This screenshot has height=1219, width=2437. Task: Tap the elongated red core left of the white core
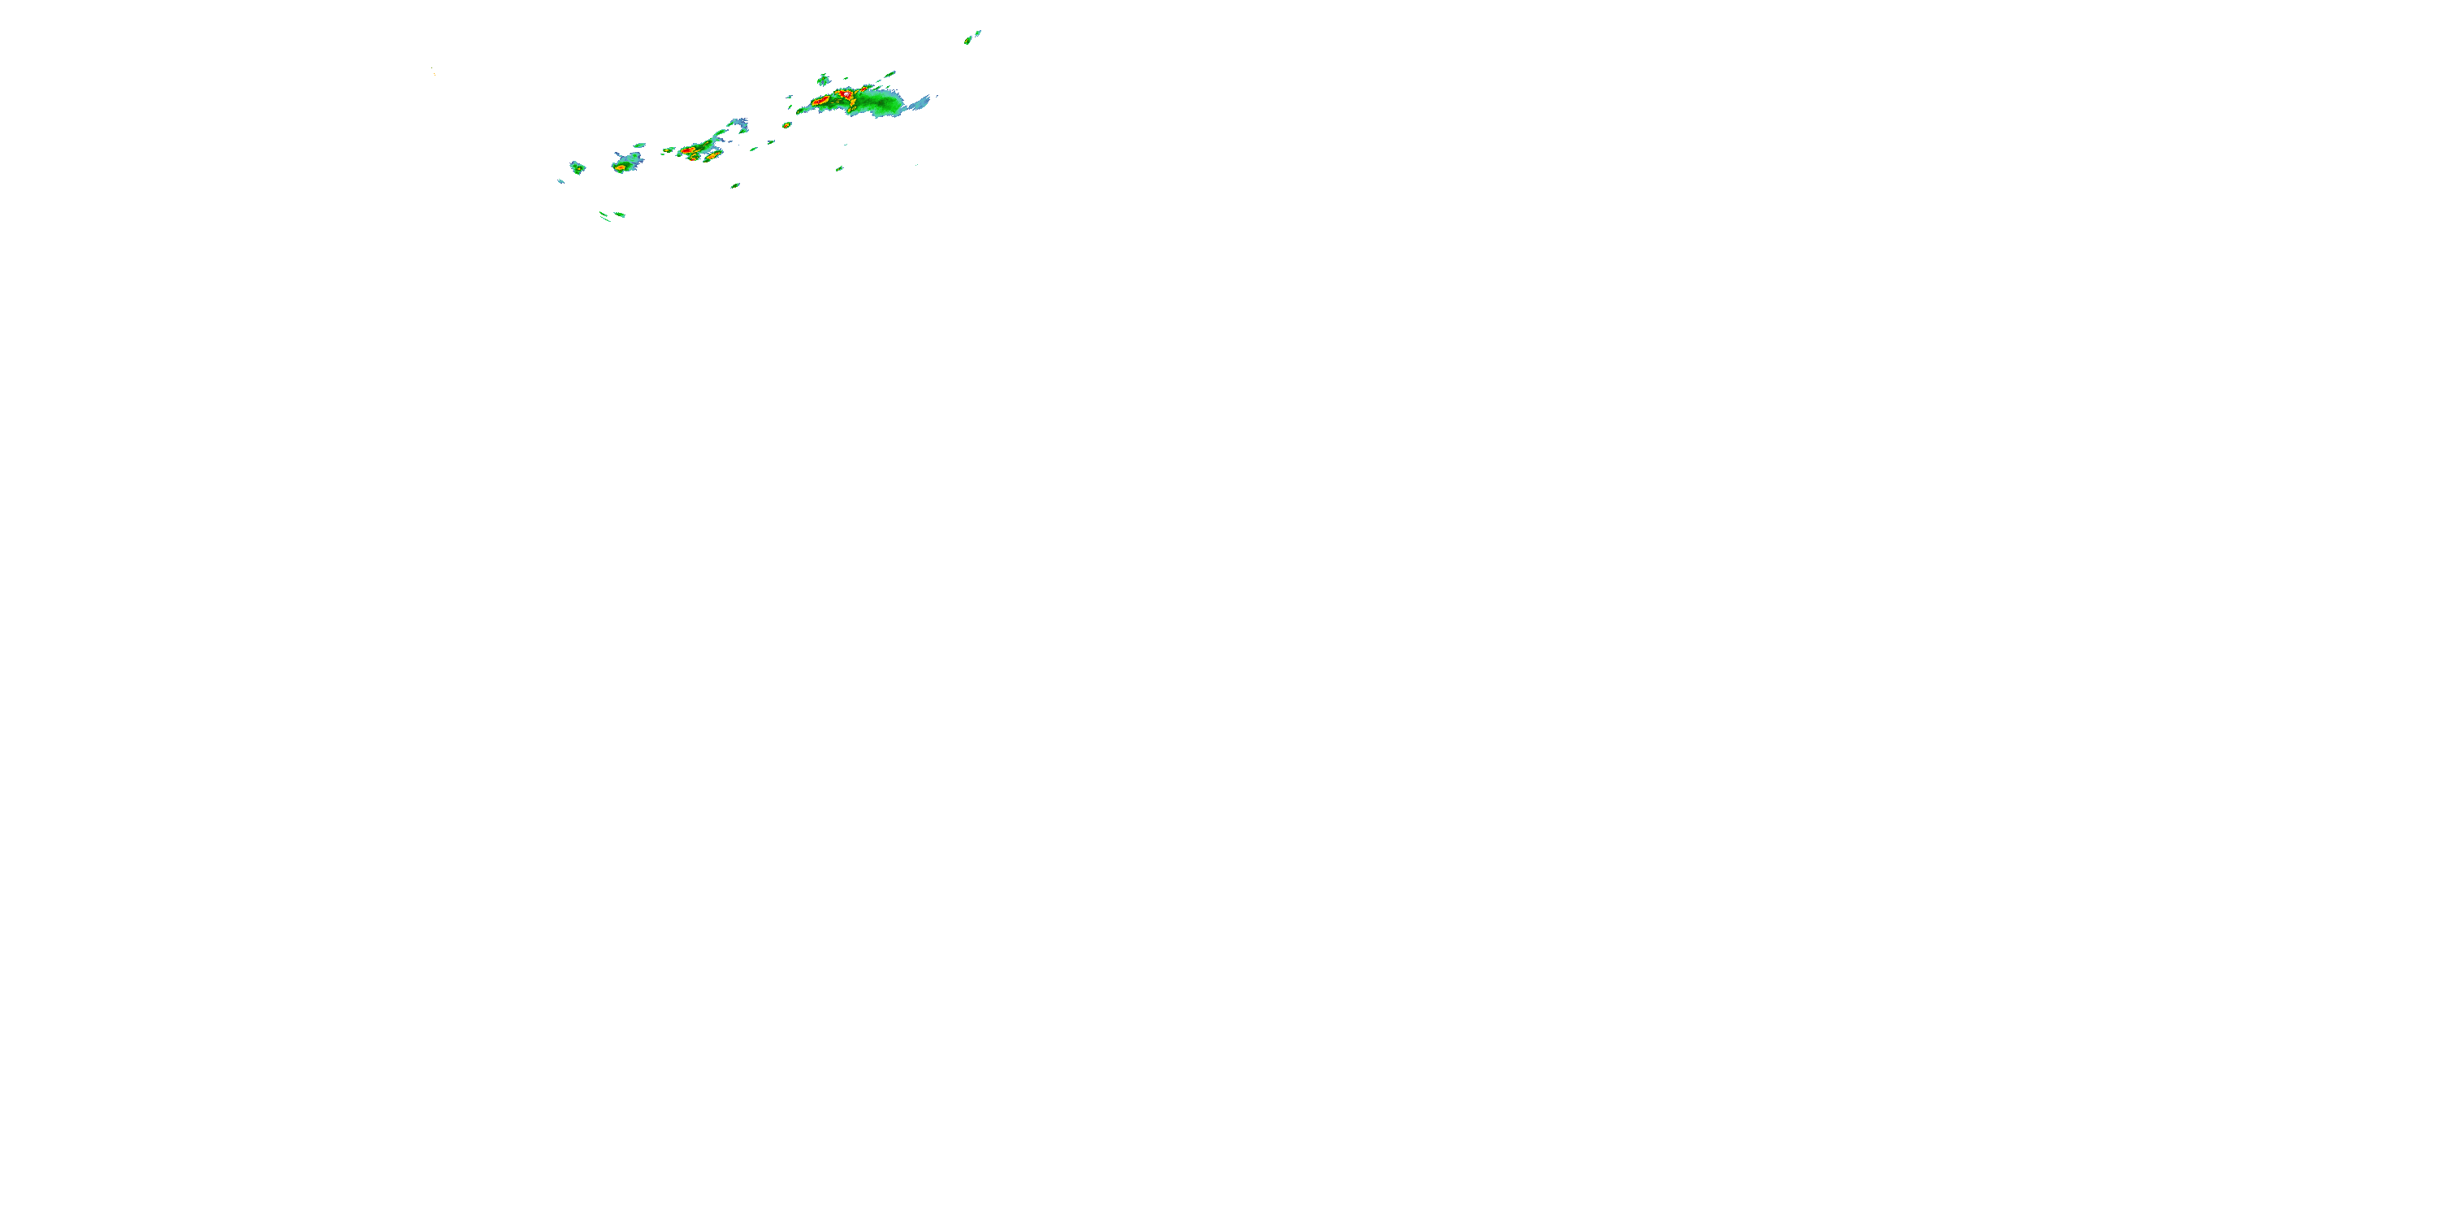coord(820,99)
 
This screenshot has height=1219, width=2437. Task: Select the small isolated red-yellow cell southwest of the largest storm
coord(786,125)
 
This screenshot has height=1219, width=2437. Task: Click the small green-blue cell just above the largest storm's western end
coord(823,80)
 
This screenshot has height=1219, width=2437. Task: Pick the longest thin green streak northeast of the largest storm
coord(890,73)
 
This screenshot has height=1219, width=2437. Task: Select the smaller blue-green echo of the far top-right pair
coord(978,33)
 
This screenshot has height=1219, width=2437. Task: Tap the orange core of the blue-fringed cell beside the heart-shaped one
coord(621,167)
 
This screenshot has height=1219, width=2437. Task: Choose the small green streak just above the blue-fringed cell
coord(639,145)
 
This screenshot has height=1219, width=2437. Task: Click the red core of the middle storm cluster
coord(689,151)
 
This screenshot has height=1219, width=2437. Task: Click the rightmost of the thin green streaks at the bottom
coord(620,215)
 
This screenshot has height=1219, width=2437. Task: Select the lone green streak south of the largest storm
coord(839,168)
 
